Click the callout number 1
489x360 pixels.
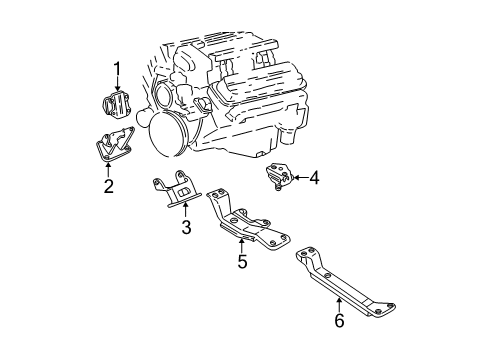click(117, 69)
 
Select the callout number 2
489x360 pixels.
click(109, 186)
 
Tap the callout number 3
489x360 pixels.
click(186, 227)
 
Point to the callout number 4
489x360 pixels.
click(314, 178)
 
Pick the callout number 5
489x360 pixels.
click(242, 261)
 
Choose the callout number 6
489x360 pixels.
click(339, 320)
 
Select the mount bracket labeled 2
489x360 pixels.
click(114, 145)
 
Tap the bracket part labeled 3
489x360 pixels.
click(177, 189)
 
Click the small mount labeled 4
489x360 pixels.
click(279, 176)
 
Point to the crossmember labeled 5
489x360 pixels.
click(247, 220)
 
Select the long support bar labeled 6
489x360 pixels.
click(345, 282)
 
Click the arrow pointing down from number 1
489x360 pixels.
click(117, 84)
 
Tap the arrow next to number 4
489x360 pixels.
click(300, 178)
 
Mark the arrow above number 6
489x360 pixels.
click(339, 305)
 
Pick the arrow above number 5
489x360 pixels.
click(242, 245)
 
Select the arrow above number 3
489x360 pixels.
click(186, 210)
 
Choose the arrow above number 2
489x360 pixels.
click(108, 170)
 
